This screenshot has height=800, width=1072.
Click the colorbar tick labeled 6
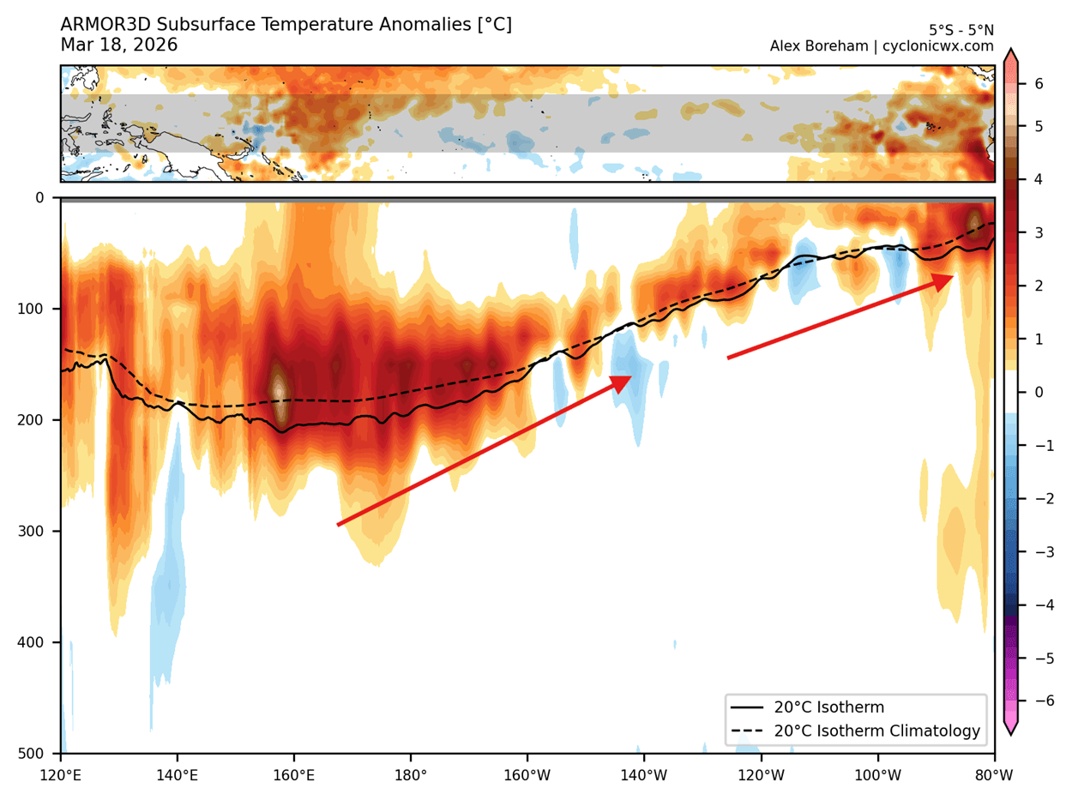[x=1038, y=84]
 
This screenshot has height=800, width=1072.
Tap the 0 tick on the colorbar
[x=1038, y=393]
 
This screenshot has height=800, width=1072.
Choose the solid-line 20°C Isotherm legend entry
[x=828, y=707]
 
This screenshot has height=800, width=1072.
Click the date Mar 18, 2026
[x=119, y=45]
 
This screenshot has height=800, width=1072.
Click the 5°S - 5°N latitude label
[x=961, y=30]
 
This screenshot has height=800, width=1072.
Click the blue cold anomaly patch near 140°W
[x=631, y=377]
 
